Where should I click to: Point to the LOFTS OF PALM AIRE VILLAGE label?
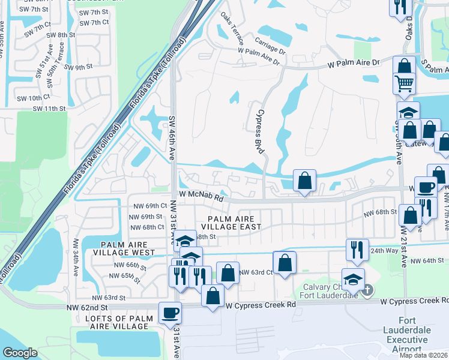117,322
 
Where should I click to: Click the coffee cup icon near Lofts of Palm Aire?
170,313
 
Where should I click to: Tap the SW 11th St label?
49,109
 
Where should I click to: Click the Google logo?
20,353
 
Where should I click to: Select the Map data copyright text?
423,355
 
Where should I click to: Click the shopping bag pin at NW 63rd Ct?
285,262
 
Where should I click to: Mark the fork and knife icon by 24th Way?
357,249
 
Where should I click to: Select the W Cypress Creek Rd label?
262,305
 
